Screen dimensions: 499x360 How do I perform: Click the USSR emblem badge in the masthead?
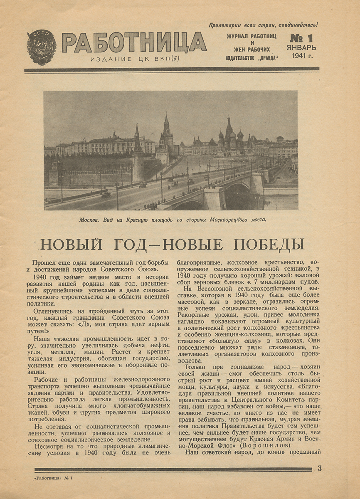[x=41, y=47]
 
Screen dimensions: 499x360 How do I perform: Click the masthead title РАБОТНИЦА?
[x=134, y=43]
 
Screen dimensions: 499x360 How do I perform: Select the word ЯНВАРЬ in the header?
[x=302, y=47]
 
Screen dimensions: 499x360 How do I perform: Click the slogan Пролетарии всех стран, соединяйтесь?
[x=263, y=25]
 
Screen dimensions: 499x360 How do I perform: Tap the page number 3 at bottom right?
[x=319, y=468]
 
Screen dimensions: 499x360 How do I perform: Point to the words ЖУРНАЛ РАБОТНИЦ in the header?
[x=251, y=36]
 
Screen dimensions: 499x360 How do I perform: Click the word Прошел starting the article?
[x=45, y=262]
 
